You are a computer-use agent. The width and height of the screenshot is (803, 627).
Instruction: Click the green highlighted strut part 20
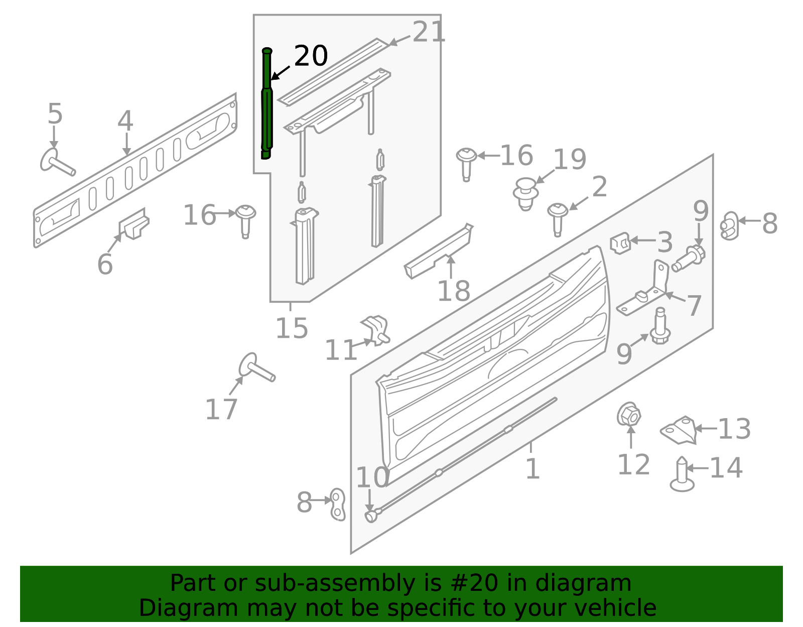pyautogui.click(x=267, y=103)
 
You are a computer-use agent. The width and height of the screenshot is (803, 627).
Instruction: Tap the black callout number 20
pyautogui.click(x=311, y=56)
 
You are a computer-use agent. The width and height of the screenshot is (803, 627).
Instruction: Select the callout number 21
pyautogui.click(x=429, y=32)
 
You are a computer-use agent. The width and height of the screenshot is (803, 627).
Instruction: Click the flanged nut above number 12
pyautogui.click(x=628, y=415)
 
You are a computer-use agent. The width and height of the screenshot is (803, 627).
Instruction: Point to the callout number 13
pyautogui.click(x=734, y=429)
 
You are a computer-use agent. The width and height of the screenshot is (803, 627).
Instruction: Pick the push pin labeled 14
pyautogui.click(x=682, y=474)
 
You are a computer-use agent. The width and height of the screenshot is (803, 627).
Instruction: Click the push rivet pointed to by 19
pyautogui.click(x=525, y=194)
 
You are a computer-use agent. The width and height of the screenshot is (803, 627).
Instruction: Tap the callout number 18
pyautogui.click(x=454, y=291)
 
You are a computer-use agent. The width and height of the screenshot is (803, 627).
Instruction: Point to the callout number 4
pyautogui.click(x=125, y=120)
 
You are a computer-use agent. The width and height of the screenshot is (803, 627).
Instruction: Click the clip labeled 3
pyautogui.click(x=620, y=243)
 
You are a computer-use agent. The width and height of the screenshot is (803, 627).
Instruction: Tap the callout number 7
pyautogui.click(x=693, y=306)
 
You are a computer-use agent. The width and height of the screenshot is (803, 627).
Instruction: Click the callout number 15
pyautogui.click(x=292, y=328)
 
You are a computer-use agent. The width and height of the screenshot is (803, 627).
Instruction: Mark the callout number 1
pyautogui.click(x=532, y=469)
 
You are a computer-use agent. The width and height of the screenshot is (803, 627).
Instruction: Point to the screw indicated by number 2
pyautogui.click(x=558, y=219)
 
